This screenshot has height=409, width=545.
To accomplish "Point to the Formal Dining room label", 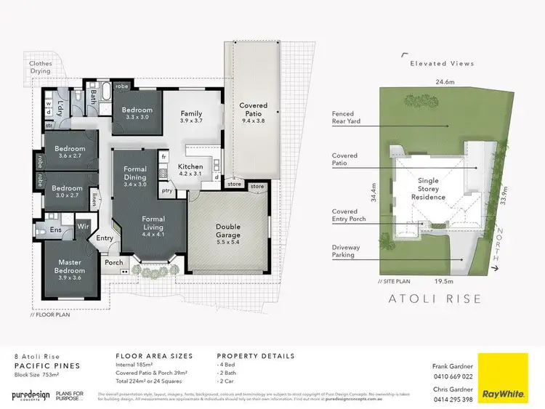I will pos(135,173).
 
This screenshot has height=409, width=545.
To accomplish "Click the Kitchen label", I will pos(190,170).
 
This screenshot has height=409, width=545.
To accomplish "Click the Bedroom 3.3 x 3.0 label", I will pos(137,112).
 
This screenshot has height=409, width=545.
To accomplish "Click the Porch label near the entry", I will pos(114,263).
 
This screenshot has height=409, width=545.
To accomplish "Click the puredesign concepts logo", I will pos(31,395).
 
